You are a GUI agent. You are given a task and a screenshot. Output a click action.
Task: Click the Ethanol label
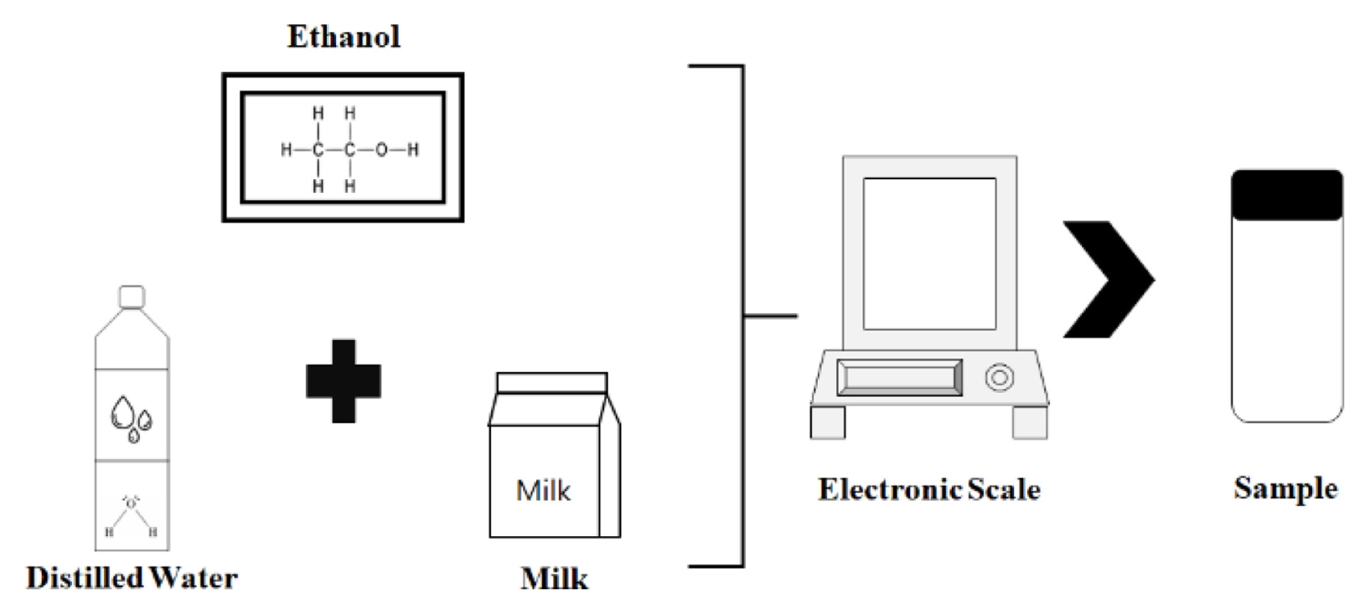click(x=344, y=37)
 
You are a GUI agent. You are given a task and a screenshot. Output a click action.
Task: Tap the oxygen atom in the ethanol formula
click(x=381, y=150)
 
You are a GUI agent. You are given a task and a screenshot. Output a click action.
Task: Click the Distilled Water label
click(x=132, y=577)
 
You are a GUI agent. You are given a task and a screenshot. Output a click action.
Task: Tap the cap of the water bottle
click(x=132, y=297)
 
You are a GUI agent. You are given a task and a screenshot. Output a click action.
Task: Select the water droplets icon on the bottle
click(x=132, y=416)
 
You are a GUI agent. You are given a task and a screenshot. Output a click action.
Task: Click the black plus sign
click(x=343, y=380)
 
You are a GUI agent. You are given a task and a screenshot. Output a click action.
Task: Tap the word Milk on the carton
click(x=544, y=490)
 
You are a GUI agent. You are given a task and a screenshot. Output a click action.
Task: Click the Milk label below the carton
click(x=554, y=578)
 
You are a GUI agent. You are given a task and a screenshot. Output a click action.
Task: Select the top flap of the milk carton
click(x=551, y=383)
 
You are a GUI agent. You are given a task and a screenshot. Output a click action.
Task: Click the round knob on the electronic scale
click(x=999, y=378)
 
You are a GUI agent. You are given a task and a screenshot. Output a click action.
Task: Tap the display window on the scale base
click(x=899, y=378)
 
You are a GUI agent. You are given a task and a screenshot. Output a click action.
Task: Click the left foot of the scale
click(x=828, y=422)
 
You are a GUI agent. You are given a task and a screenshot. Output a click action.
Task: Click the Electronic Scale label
click(x=928, y=489)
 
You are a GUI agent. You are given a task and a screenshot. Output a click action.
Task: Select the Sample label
click(x=1285, y=488)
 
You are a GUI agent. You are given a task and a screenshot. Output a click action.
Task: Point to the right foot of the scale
click(x=1030, y=422)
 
